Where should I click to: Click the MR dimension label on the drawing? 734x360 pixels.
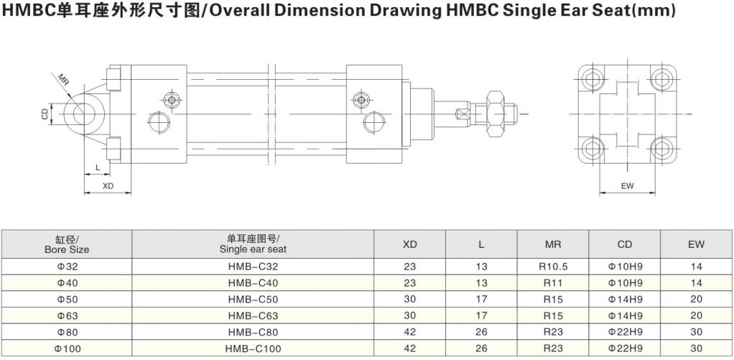[x=64, y=78]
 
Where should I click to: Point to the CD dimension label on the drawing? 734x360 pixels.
[x=45, y=114]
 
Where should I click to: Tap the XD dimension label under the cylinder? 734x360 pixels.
[x=108, y=186]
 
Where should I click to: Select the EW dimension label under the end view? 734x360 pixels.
[x=627, y=186]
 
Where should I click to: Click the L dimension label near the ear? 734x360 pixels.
[x=98, y=167]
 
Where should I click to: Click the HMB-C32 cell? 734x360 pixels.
[x=253, y=267]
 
